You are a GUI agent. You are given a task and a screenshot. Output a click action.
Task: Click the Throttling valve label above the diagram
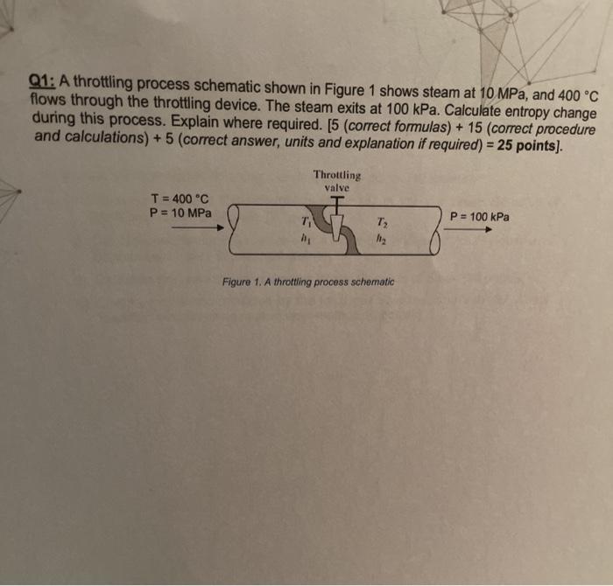point(336,181)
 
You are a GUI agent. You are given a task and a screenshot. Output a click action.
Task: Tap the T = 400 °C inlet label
point(180,199)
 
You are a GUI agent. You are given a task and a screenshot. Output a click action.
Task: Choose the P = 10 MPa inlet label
point(181,213)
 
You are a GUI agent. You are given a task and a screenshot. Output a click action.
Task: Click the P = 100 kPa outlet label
point(479,216)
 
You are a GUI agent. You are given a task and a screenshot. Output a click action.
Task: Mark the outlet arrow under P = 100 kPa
point(470,231)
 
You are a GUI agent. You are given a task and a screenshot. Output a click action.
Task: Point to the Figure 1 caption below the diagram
point(308,283)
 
